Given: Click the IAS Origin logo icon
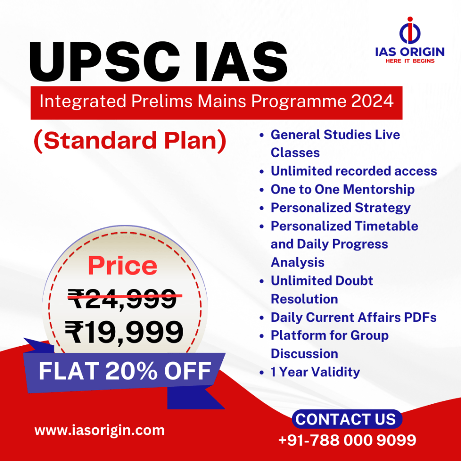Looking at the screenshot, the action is [x=410, y=31].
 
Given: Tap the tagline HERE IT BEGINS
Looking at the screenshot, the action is [x=410, y=61].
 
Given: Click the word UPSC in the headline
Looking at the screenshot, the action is [x=104, y=62].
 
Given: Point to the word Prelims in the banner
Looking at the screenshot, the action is [x=162, y=101].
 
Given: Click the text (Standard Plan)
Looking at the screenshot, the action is [x=130, y=140].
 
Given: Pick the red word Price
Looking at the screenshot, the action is [x=122, y=266].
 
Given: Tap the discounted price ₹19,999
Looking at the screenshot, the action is [x=124, y=332].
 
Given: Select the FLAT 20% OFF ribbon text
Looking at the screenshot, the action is [x=125, y=371].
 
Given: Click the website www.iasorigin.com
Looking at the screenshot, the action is [x=99, y=430].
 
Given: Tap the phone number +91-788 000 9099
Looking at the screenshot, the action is [x=347, y=440].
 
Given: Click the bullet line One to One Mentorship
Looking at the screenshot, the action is [x=343, y=190].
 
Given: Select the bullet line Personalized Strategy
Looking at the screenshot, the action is [x=340, y=208].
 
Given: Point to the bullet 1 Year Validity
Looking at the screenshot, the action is [x=315, y=372].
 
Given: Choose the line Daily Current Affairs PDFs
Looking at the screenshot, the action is [x=353, y=317].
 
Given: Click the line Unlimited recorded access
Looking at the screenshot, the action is [x=354, y=171].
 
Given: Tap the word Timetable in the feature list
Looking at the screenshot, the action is [x=386, y=226].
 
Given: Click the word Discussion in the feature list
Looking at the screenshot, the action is [x=304, y=354].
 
